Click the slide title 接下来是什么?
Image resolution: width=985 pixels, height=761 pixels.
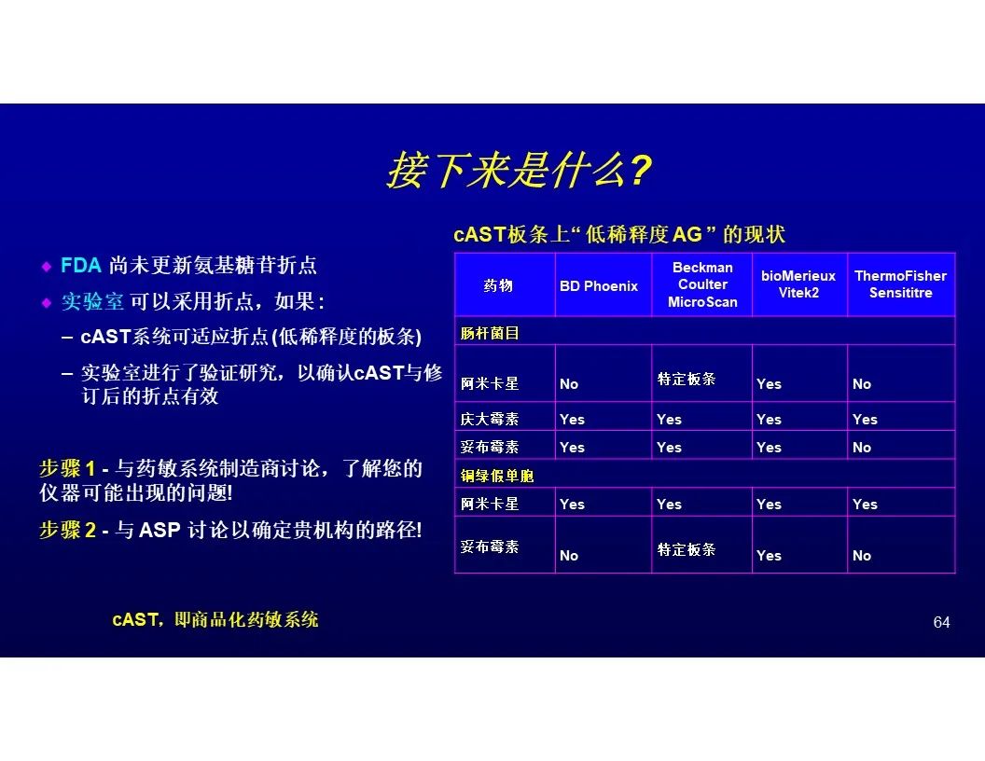[520, 171]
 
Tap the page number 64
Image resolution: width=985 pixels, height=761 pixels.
[941, 622]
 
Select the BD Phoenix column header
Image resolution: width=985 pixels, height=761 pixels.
[599, 286]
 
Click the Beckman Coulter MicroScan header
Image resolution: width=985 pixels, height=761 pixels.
[702, 284]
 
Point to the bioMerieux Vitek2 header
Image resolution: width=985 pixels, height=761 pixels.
[798, 284]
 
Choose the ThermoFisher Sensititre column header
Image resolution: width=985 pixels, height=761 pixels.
[900, 284]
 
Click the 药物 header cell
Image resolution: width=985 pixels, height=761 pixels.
[498, 285]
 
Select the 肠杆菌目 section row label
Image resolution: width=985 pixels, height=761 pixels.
[490, 333]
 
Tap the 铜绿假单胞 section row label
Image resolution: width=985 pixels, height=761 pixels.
[497, 476]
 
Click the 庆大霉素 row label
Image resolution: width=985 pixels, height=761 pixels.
[490, 419]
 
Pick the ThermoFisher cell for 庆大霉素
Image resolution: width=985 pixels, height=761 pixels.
[865, 420]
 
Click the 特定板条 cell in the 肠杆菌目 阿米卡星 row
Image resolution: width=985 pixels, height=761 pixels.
[686, 379]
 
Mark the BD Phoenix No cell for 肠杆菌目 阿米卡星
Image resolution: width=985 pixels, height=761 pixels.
[568, 384]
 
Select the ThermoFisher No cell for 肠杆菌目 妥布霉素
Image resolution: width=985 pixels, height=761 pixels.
[861, 448]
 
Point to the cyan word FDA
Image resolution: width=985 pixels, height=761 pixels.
[81, 265]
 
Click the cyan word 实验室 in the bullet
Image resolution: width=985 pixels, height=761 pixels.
[92, 302]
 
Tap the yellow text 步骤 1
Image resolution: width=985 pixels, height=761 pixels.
[67, 468]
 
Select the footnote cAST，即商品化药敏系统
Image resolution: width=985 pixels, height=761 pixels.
[215, 620]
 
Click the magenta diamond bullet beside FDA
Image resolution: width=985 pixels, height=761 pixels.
[47, 266]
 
